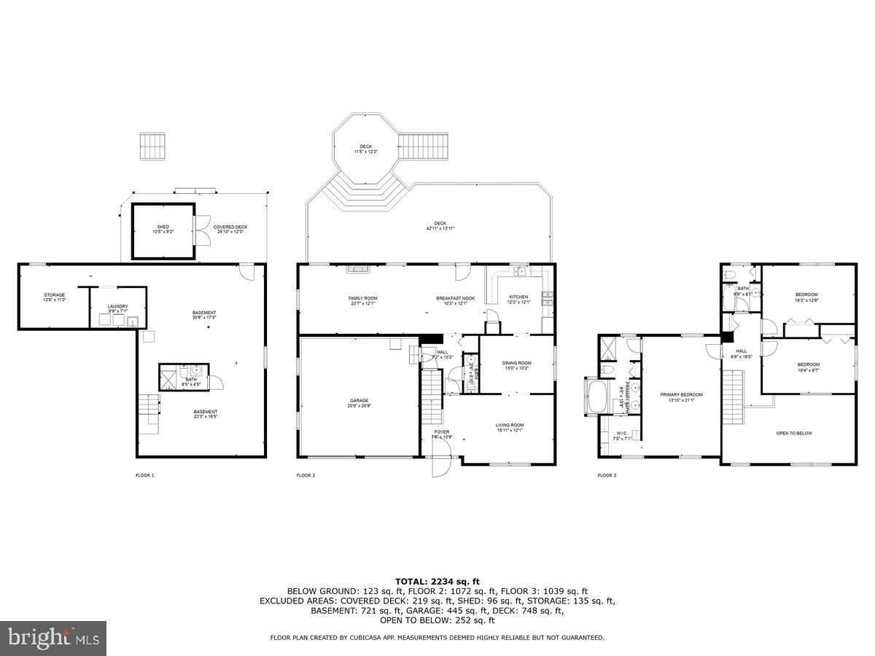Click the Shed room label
163,229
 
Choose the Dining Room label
516,365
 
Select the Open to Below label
794,433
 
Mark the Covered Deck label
230,229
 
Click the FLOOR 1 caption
145,475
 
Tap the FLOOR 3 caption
607,475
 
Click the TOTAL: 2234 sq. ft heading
437,581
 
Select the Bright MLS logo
54,639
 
